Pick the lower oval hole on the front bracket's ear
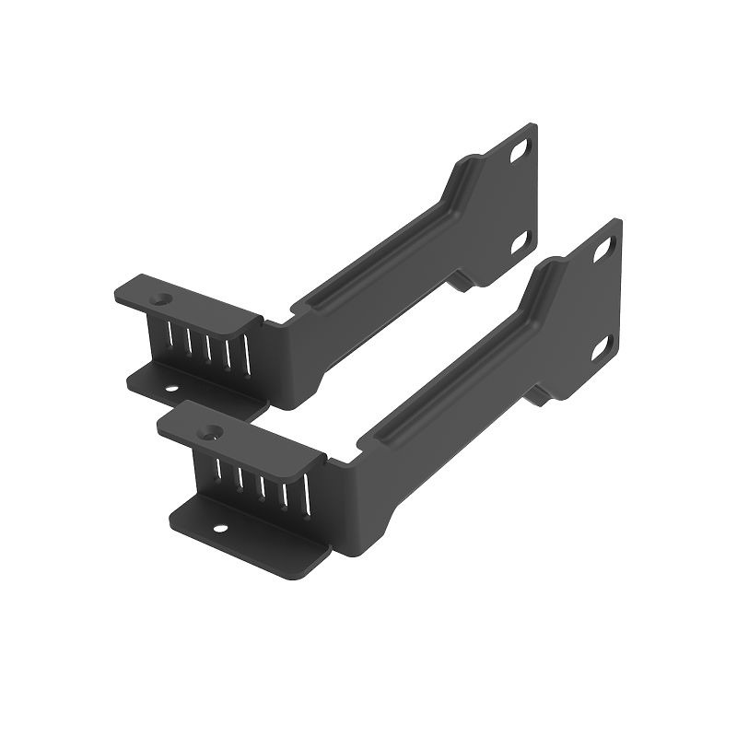coord(603,345)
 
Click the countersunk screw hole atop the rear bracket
coord(163,299)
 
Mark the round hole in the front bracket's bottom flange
coord(220,529)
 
